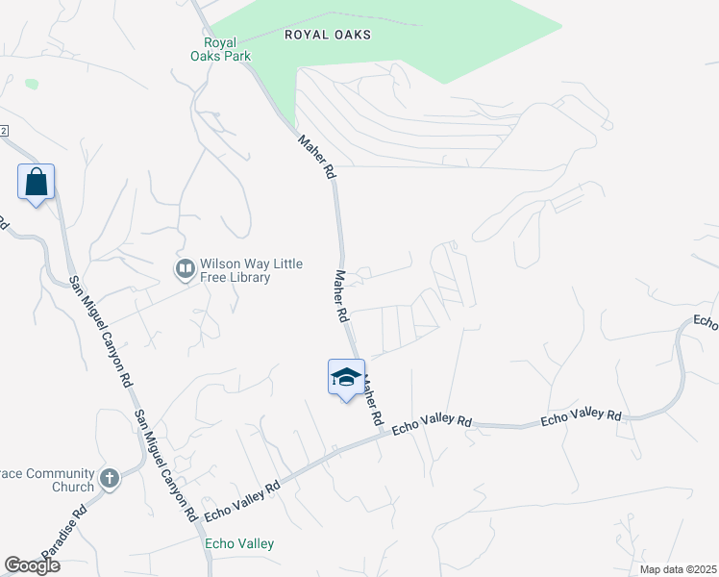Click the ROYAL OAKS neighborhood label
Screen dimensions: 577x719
[x=328, y=35]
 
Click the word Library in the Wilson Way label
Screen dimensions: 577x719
[x=247, y=278]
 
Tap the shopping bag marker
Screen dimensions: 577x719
[x=36, y=182]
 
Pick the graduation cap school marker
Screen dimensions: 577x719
[x=346, y=377]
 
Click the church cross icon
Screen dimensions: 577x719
[x=109, y=478]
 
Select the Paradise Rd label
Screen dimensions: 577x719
[x=66, y=525]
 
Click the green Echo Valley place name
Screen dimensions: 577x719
[x=239, y=544]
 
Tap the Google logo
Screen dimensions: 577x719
[x=31, y=565]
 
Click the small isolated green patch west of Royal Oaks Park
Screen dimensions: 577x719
[x=32, y=84]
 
